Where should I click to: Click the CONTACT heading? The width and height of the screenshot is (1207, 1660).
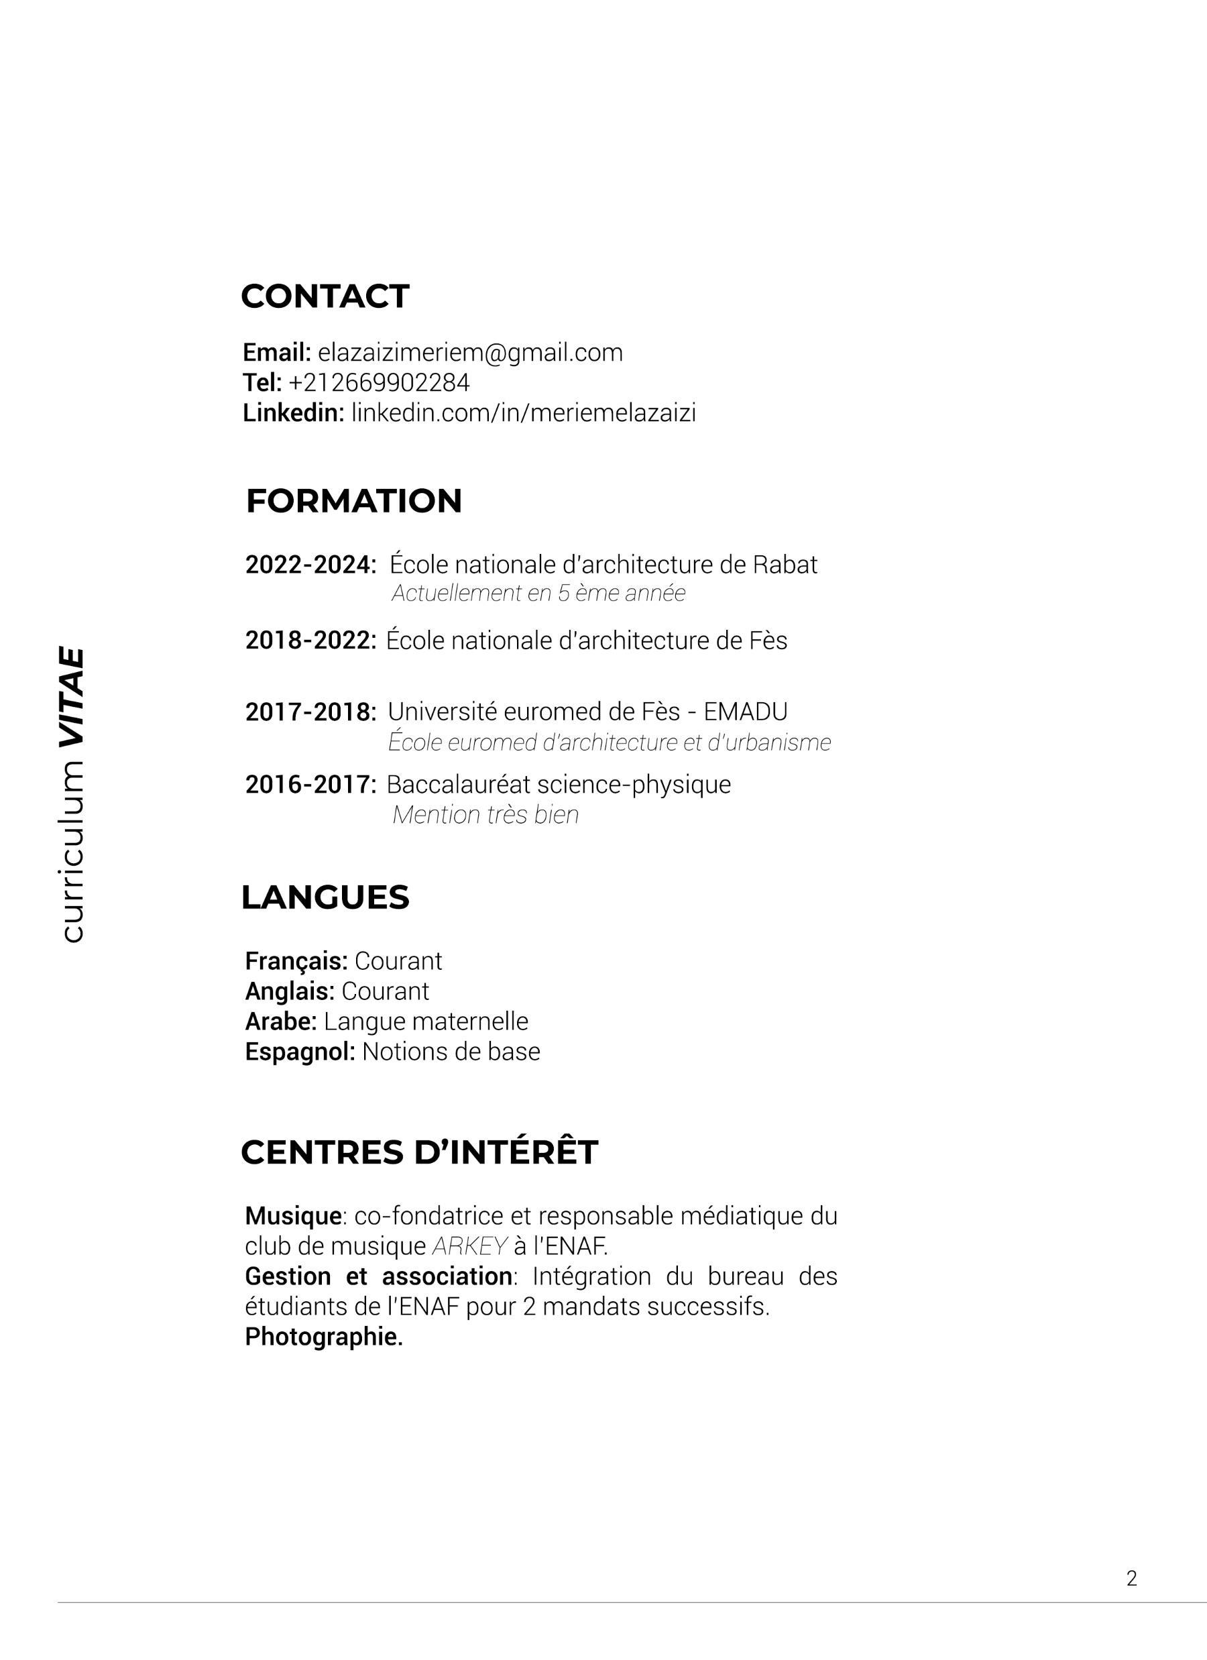point(325,296)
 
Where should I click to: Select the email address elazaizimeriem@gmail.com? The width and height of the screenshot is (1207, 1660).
point(470,353)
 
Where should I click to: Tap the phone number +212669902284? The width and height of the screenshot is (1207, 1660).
point(379,383)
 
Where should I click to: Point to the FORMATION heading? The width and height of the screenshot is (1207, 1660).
point(353,502)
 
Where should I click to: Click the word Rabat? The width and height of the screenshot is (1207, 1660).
point(785,565)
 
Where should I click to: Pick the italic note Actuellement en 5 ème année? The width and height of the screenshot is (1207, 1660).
point(538,594)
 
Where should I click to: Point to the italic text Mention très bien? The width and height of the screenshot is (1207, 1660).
point(485,816)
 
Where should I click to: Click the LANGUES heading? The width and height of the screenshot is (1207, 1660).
point(325,898)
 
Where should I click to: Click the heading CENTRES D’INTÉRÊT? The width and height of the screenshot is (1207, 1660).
point(418,1153)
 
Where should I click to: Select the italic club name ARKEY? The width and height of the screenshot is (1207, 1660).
point(470,1246)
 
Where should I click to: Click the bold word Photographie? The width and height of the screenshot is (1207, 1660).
point(323,1337)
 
